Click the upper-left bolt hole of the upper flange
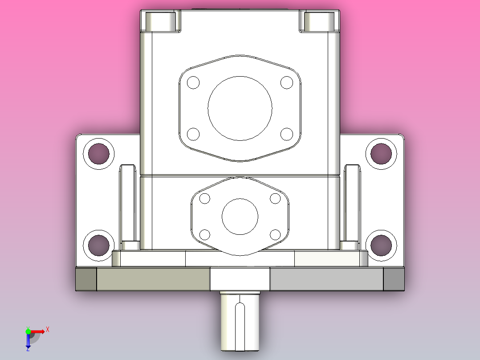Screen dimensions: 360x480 [193, 82]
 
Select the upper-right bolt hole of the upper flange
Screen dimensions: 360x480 [287, 82]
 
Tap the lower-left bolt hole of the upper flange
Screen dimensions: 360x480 [193, 134]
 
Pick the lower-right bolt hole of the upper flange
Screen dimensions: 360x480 [287, 134]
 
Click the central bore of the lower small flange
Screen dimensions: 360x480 [240, 217]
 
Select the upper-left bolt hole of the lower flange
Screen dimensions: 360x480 [205, 199]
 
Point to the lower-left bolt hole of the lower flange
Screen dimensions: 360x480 [205, 234]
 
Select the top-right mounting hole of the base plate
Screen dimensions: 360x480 [381, 154]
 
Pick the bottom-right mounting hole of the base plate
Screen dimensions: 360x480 [381, 245]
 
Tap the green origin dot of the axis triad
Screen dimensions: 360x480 [28, 331]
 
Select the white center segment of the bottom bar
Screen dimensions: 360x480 [240, 279]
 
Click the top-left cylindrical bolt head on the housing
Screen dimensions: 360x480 [160, 21]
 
